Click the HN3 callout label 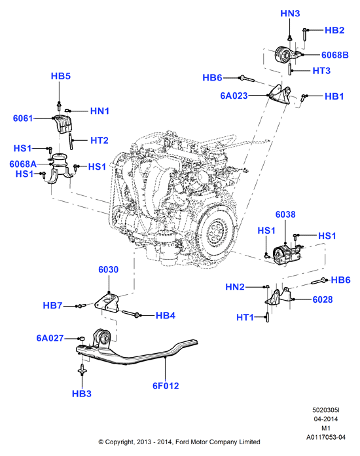coord(290,13)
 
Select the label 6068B coord(334,55)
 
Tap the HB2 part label coord(334,30)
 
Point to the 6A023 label coord(234,96)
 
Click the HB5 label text coord(61,76)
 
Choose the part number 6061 coord(23,119)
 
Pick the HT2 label coord(99,140)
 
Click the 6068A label coord(23,164)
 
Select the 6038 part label coord(285,215)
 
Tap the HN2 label coord(235,287)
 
